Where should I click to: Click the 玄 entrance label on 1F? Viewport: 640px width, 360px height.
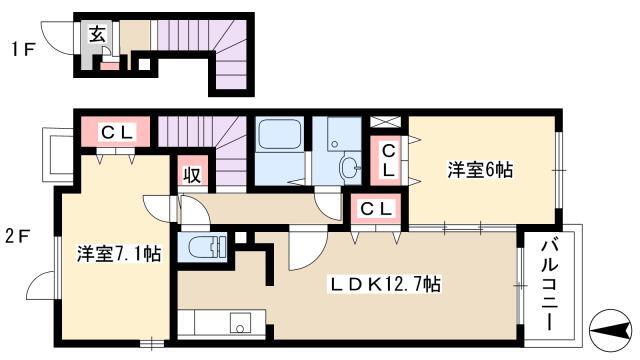97,34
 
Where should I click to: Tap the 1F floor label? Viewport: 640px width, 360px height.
22,50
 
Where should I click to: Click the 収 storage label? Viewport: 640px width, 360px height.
191,175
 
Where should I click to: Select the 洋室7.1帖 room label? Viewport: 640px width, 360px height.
119,253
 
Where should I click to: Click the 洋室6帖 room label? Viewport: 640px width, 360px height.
480,170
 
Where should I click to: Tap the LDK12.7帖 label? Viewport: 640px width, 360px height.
385,284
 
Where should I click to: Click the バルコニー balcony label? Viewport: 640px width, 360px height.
549,285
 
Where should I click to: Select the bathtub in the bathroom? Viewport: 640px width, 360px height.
280,134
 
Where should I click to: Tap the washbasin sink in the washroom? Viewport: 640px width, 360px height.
350,167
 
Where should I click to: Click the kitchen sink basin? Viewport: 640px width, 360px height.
241,323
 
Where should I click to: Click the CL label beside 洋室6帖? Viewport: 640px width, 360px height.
388,161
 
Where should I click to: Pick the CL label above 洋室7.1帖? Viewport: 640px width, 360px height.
116,132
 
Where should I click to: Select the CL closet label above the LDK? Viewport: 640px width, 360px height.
376,209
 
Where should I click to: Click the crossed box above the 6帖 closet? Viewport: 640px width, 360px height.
385,122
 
